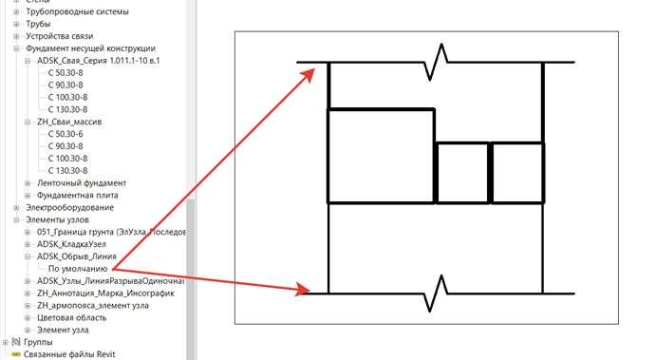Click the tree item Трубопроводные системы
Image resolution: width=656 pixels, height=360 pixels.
point(78,11)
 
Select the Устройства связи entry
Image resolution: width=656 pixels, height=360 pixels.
point(60,36)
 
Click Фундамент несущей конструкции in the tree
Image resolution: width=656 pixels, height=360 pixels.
point(90,48)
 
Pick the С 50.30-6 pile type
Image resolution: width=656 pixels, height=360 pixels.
point(66,134)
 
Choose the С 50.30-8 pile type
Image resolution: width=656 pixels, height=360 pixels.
point(66,73)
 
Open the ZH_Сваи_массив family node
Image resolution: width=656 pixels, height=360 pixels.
point(69,122)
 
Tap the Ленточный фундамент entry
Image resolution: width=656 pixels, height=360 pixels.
point(82,183)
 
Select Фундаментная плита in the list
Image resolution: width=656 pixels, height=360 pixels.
point(78,195)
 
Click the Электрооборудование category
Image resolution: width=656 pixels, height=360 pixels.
point(70,208)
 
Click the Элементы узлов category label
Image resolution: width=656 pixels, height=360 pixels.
point(57,219)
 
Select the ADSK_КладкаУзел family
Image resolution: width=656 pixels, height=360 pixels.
point(71,244)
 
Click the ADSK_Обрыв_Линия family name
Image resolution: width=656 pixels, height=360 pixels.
point(77,256)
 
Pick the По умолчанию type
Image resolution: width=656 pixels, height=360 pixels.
point(78,269)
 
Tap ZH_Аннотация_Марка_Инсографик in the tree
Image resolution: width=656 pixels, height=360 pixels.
point(105,293)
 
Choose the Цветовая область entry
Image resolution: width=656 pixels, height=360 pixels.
point(71,317)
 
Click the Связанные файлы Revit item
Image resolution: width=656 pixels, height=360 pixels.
point(69,354)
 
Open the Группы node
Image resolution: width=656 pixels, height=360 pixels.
point(38,342)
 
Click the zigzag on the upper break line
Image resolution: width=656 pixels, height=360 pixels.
point(436,62)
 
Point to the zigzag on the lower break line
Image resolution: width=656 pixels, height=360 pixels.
point(436,294)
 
